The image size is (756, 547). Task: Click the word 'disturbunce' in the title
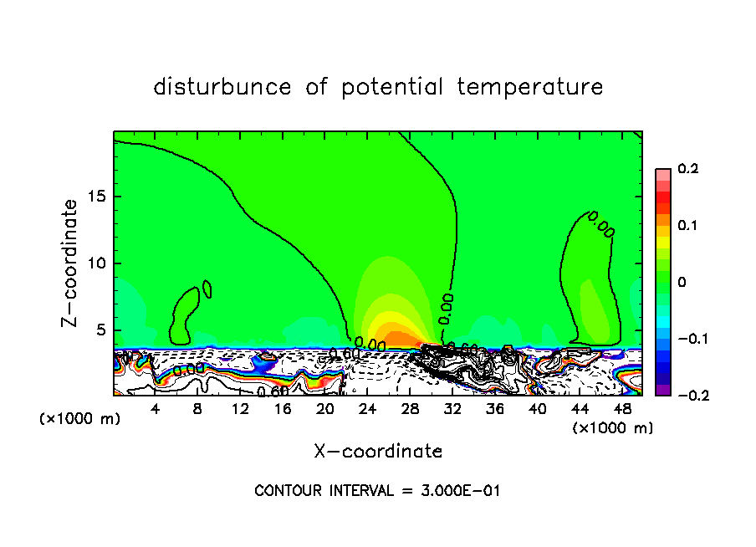(222, 87)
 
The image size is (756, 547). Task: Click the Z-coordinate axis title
(71, 263)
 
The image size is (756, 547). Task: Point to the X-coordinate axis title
(378, 452)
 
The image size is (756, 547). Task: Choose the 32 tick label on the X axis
(452, 409)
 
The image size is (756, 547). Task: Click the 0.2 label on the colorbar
(687, 169)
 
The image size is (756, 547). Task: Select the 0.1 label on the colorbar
(687, 226)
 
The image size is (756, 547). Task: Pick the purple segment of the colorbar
(662, 389)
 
